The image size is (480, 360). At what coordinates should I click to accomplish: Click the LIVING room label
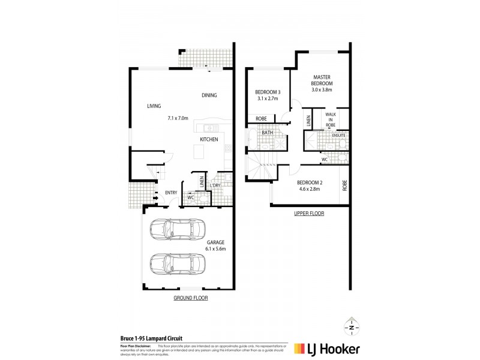coord(155,106)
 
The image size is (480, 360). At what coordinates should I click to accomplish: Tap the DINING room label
coord(209,95)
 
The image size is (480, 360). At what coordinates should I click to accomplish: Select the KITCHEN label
coord(209,140)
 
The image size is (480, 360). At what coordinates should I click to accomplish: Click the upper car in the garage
coord(178,230)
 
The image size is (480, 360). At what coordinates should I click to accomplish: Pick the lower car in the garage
coord(178,263)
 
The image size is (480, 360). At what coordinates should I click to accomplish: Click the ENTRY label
coord(171,193)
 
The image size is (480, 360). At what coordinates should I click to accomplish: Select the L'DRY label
coord(215,185)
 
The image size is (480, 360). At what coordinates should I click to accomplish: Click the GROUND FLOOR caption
coord(190,298)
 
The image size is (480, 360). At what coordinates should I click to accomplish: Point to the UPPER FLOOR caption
coord(310,214)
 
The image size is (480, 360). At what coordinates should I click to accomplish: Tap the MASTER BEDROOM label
coord(322,80)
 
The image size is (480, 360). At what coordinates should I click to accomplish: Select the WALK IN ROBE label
coord(330,119)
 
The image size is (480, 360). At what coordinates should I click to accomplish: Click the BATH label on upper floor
coord(267,133)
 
